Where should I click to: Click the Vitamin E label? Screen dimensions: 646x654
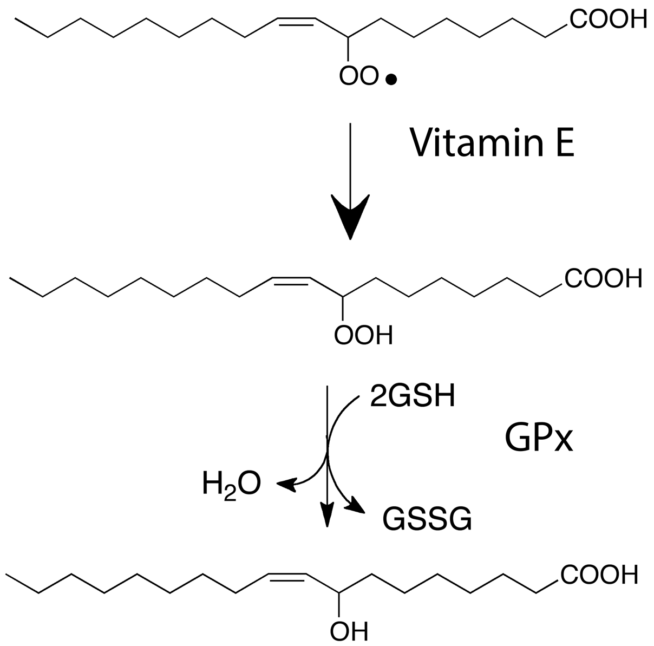point(491,142)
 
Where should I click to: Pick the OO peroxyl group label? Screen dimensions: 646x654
point(359,76)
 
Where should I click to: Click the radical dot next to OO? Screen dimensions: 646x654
point(391,80)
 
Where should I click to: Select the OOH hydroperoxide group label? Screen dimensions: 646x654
point(363,335)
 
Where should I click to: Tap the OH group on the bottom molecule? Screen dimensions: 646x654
point(349,630)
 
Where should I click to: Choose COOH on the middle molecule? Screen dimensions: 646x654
point(602,279)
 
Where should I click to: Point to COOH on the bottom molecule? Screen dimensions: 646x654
point(598,574)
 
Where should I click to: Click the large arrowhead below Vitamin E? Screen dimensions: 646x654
point(351,217)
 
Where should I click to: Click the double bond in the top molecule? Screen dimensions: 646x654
point(296,21)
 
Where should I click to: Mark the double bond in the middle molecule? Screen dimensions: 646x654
point(291,280)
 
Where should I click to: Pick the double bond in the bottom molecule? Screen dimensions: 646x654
point(287,577)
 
